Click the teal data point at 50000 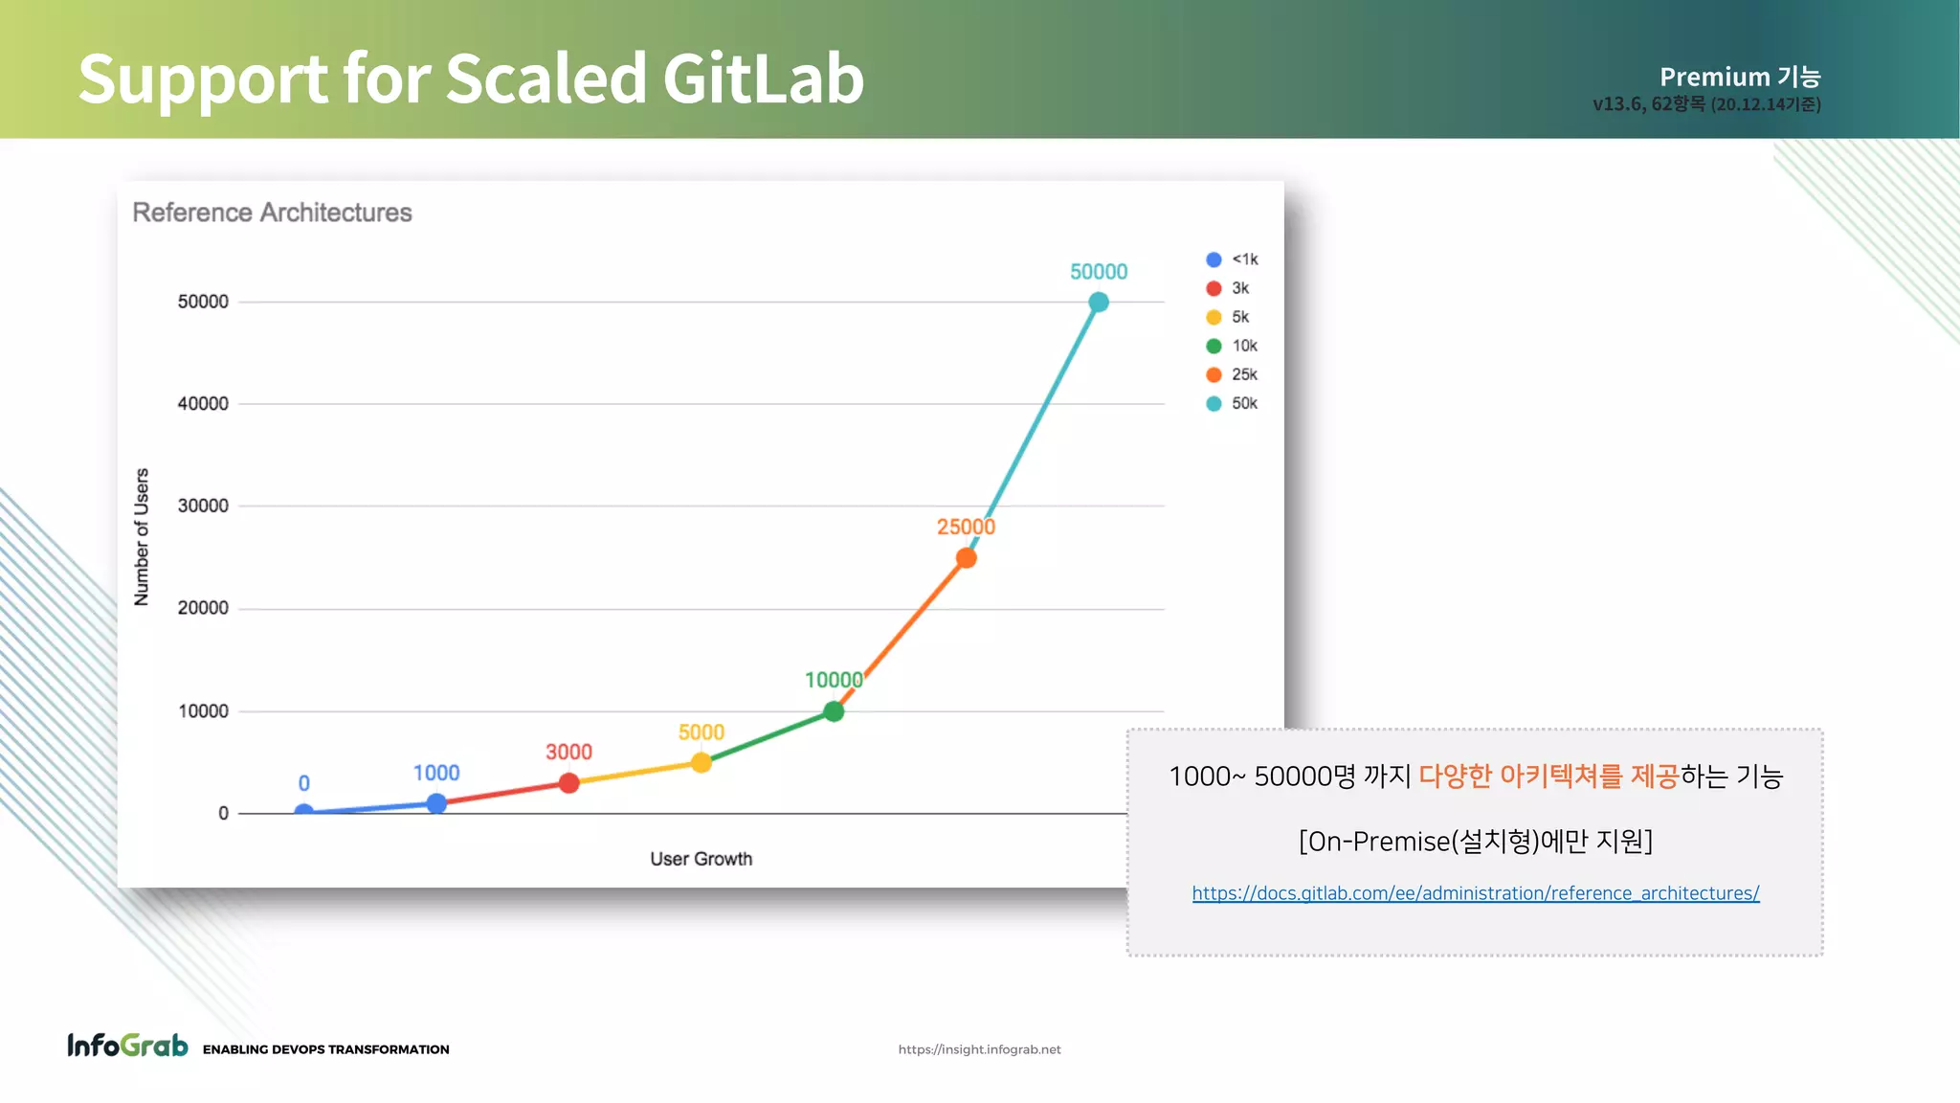point(1099,303)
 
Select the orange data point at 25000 point(967,558)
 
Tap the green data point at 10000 point(834,711)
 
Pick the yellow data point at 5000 point(702,763)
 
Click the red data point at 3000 point(569,783)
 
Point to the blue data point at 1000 point(436,803)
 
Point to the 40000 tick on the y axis point(203,404)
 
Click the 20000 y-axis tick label point(203,608)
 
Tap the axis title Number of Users point(142,537)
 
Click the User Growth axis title point(702,859)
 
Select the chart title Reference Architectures point(272,213)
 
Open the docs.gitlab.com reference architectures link point(1475,893)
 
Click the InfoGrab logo point(127,1046)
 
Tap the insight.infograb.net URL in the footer point(979,1049)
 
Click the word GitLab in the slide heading point(763,79)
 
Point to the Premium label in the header point(1714,77)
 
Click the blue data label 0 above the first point point(303,783)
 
